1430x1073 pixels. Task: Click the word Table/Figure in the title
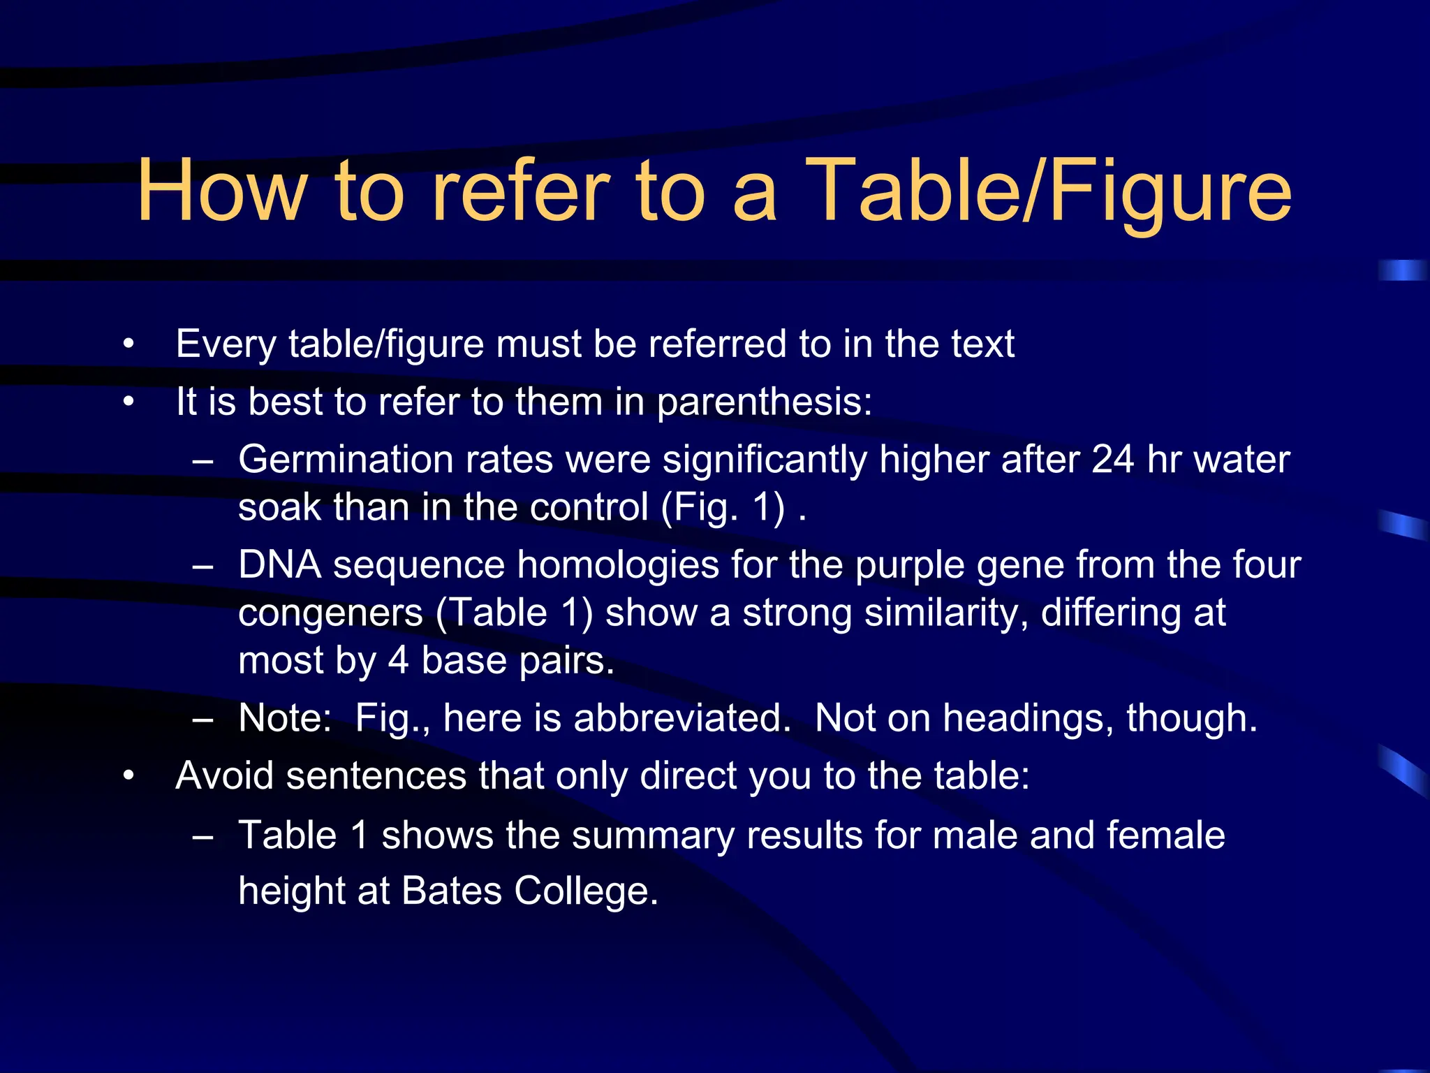1052,191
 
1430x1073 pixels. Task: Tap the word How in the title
222,191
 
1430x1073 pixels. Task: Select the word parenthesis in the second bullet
764,403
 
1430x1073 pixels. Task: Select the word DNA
279,565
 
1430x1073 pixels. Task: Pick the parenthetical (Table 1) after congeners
515,613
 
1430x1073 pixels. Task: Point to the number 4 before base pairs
398,661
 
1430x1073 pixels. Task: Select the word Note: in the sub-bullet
285,718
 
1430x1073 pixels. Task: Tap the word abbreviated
682,718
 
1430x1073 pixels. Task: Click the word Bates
451,891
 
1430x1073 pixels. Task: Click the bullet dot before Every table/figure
128,344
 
